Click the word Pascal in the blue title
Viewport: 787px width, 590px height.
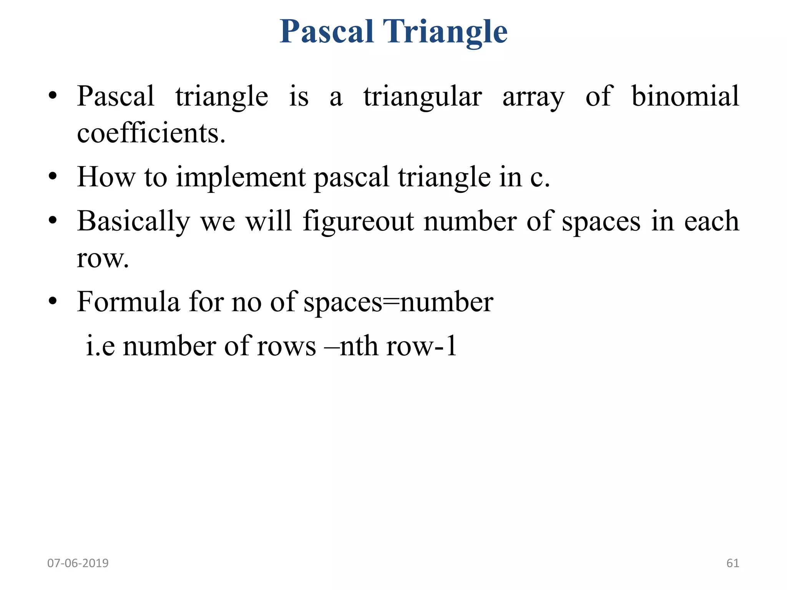pyautogui.click(x=327, y=31)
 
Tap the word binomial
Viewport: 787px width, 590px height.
pyautogui.click(x=685, y=96)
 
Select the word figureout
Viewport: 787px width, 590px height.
pyautogui.click(x=358, y=222)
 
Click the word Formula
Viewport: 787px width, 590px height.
pyautogui.click(x=128, y=302)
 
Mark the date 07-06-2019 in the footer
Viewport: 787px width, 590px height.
pyautogui.click(x=78, y=563)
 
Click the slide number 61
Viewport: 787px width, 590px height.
pyautogui.click(x=732, y=563)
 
